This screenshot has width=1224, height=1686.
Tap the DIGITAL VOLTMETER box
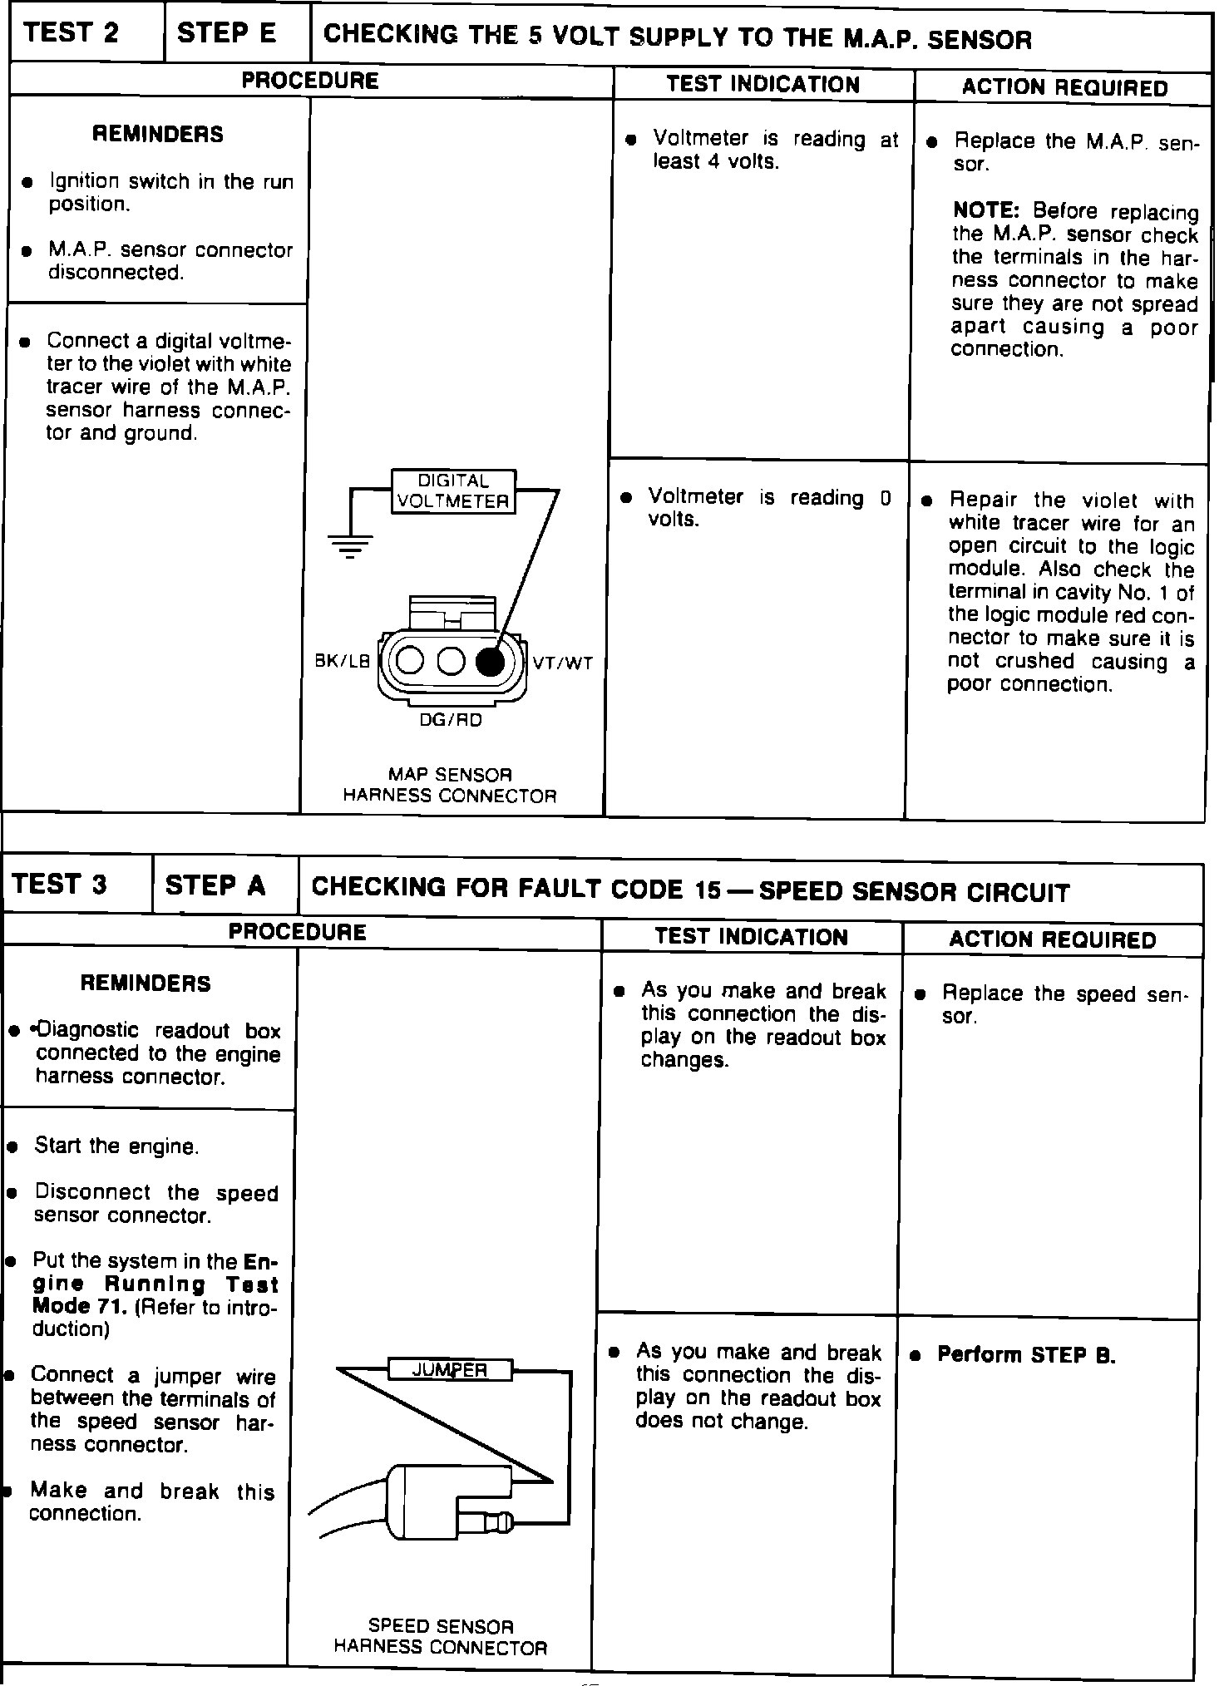tap(453, 491)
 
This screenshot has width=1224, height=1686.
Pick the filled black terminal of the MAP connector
tap(490, 661)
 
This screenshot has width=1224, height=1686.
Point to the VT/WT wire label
tap(563, 663)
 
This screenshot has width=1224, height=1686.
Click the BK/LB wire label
tap(343, 662)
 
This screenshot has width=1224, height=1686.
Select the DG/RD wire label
tap(450, 721)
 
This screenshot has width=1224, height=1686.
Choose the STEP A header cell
tap(215, 885)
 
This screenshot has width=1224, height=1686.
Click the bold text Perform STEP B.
tap(1026, 1354)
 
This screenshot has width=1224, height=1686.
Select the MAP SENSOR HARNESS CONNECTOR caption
tap(450, 785)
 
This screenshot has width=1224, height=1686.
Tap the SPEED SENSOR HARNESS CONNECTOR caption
tap(441, 1637)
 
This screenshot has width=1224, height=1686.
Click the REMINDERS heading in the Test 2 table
tap(158, 134)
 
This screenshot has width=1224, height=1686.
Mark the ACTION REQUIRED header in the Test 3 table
tap(1052, 939)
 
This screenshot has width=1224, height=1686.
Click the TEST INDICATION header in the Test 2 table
tap(763, 85)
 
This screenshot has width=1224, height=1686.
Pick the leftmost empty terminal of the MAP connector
tap(410, 661)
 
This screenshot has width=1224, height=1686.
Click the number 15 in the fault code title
tap(708, 890)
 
